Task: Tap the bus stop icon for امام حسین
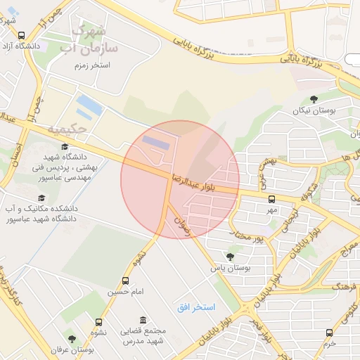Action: (126, 281)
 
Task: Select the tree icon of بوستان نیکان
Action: (313, 99)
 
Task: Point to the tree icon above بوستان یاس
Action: (229, 256)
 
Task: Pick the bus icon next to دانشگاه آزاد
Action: (21, 35)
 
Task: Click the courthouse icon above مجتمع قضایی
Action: (143, 320)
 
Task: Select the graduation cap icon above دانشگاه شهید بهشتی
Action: (65, 146)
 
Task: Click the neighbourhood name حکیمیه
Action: (67, 129)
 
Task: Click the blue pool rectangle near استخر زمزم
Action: (89, 106)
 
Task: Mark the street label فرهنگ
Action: (344, 287)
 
